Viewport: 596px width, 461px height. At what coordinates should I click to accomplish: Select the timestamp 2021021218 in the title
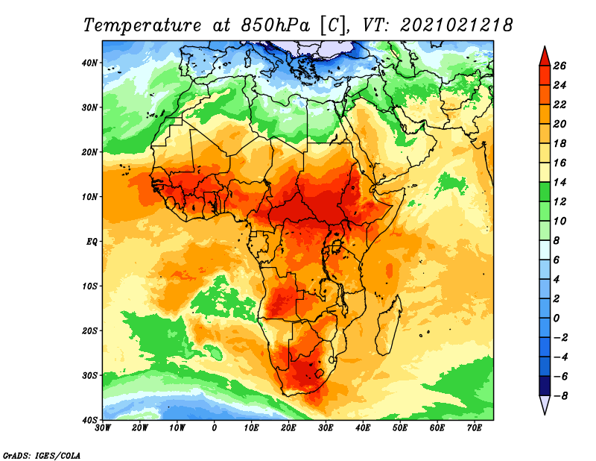(x=457, y=25)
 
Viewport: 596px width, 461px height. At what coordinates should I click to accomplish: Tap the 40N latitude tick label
(x=90, y=63)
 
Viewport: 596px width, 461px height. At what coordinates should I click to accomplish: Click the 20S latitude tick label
(x=90, y=330)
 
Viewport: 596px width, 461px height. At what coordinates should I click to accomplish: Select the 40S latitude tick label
(x=90, y=420)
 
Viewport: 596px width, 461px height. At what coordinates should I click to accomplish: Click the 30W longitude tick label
(x=104, y=428)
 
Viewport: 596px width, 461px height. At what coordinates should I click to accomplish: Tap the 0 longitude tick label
(x=215, y=428)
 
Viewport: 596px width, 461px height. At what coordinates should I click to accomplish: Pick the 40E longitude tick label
(x=363, y=428)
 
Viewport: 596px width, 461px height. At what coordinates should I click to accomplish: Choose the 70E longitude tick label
(x=474, y=428)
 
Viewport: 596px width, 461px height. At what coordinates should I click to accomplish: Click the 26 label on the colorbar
(x=560, y=66)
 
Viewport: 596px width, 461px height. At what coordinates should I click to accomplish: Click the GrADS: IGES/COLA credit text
(x=42, y=455)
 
